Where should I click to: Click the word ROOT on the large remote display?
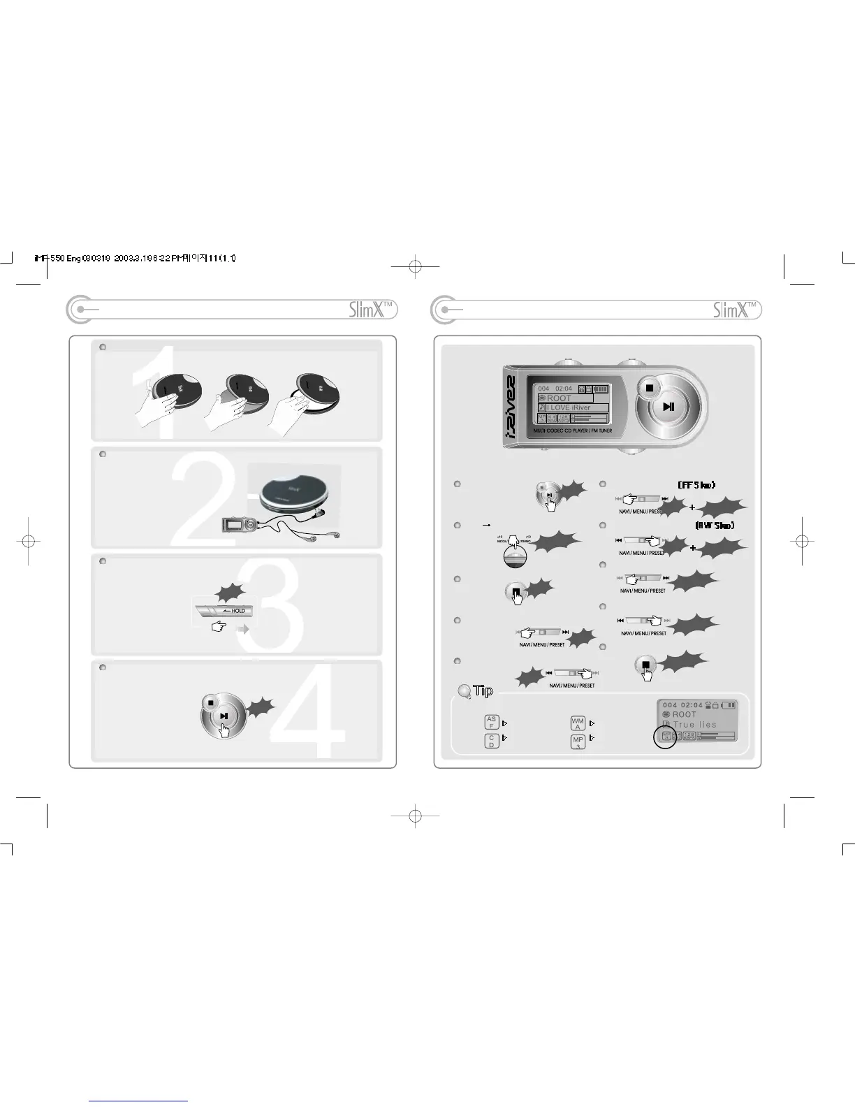tap(559, 398)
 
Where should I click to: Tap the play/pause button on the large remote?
tap(668, 407)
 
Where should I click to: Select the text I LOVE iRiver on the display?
tap(569, 407)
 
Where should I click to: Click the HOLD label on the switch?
tap(238, 611)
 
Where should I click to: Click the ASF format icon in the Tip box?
tap(492, 723)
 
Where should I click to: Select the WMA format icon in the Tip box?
tap(578, 723)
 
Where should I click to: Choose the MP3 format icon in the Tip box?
tap(578, 741)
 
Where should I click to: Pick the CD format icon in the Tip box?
tap(492, 741)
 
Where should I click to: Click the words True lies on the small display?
tap(695, 725)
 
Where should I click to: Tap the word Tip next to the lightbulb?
tap(483, 690)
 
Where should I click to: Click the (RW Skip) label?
tap(715, 526)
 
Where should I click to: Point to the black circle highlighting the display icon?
tap(665, 737)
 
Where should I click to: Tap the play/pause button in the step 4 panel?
tap(224, 716)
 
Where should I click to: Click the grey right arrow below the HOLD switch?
tap(243, 629)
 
